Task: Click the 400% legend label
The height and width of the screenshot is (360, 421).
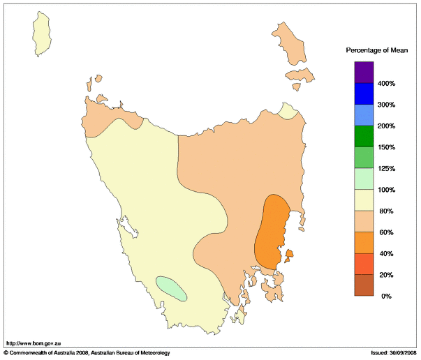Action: click(387, 84)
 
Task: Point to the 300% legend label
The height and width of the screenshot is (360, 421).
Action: click(387, 105)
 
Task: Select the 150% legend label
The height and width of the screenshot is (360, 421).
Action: click(387, 147)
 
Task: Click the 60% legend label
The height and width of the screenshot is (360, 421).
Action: click(386, 232)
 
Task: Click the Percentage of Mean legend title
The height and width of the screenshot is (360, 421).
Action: click(377, 50)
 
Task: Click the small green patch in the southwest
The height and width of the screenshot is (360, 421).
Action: click(171, 287)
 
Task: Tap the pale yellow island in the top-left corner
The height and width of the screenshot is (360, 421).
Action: click(44, 35)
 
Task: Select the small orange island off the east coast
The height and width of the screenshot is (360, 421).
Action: click(288, 256)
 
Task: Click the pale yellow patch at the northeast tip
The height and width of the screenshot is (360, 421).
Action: click(287, 112)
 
